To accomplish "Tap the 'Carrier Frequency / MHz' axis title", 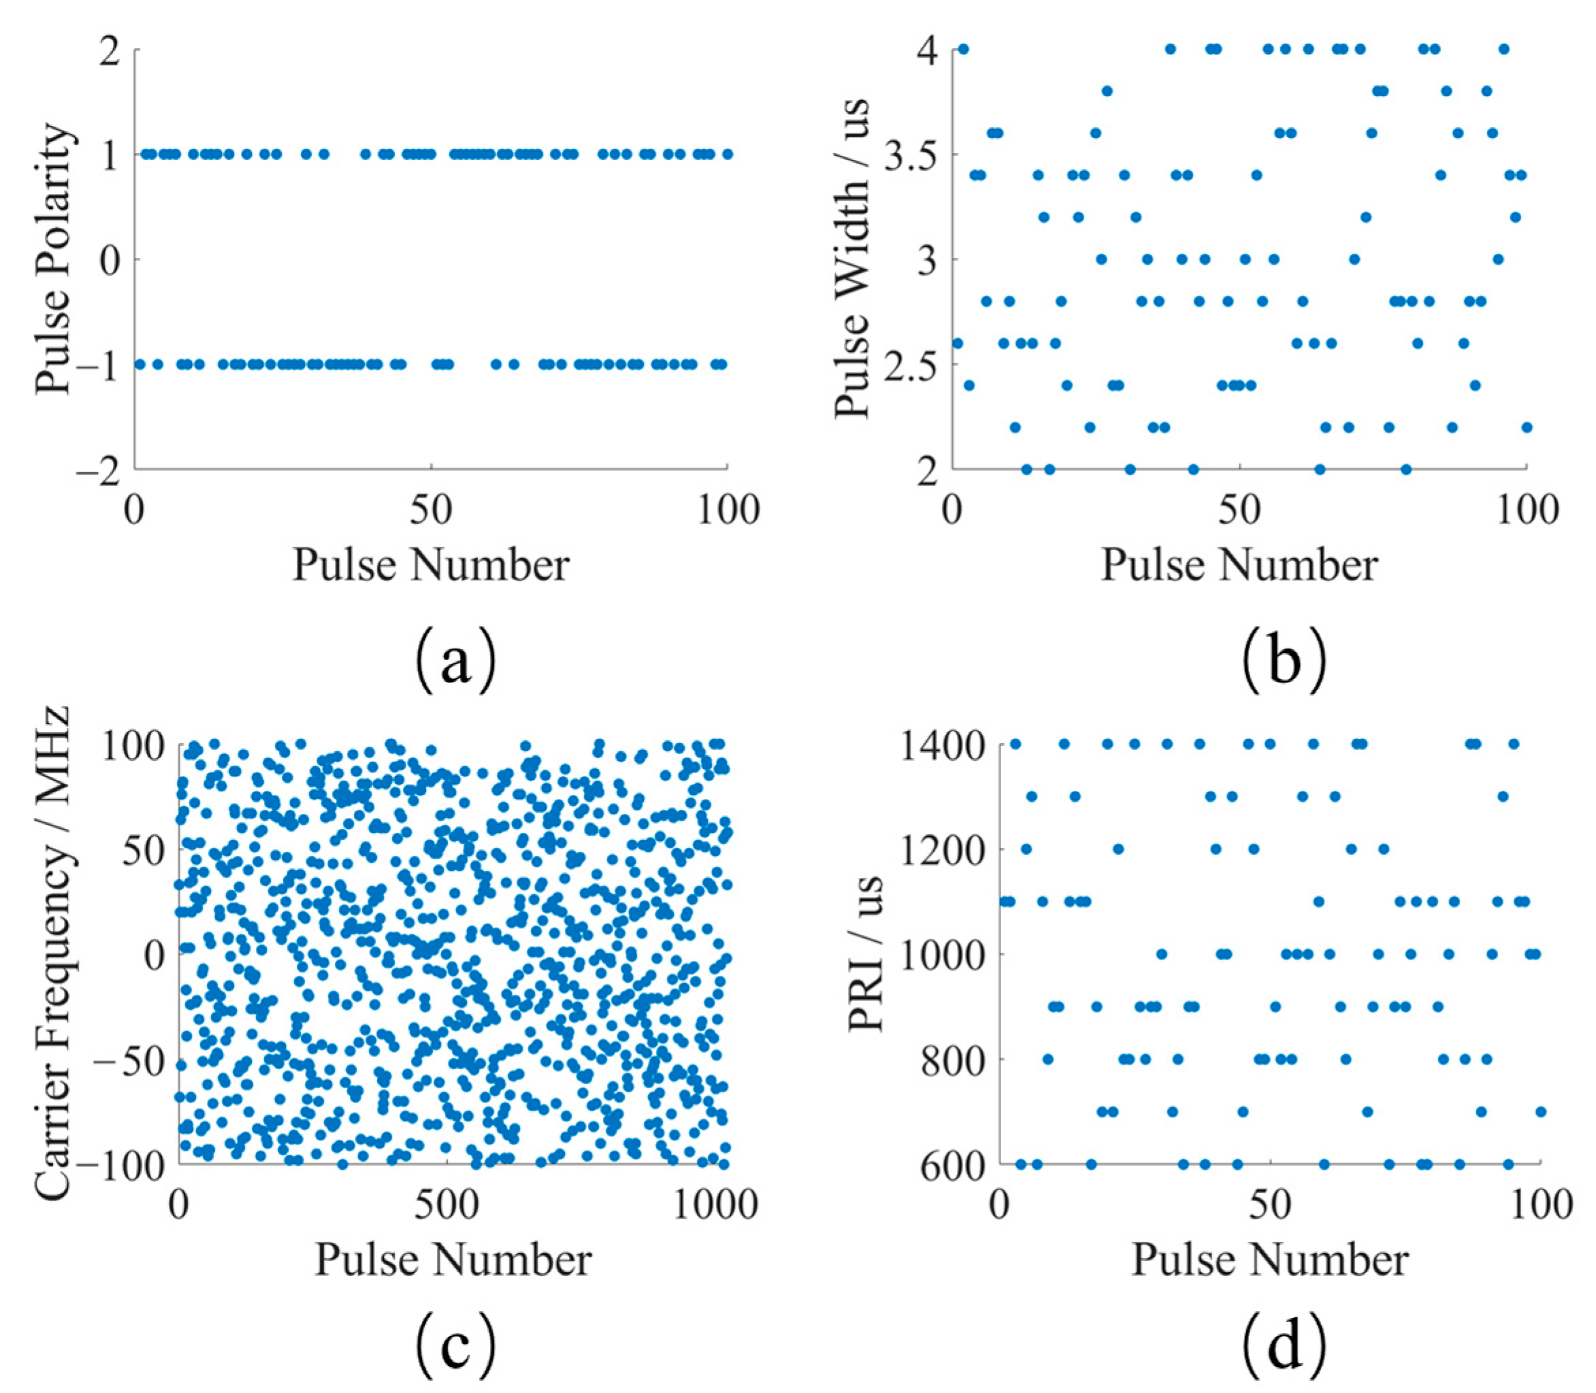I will [53, 954].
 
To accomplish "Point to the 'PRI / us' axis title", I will [866, 954].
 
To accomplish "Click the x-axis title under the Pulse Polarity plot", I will [431, 565].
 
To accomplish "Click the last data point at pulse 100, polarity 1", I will [727, 154].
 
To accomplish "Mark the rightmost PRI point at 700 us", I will [1540, 1111].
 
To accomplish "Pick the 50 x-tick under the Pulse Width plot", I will [1239, 510].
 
